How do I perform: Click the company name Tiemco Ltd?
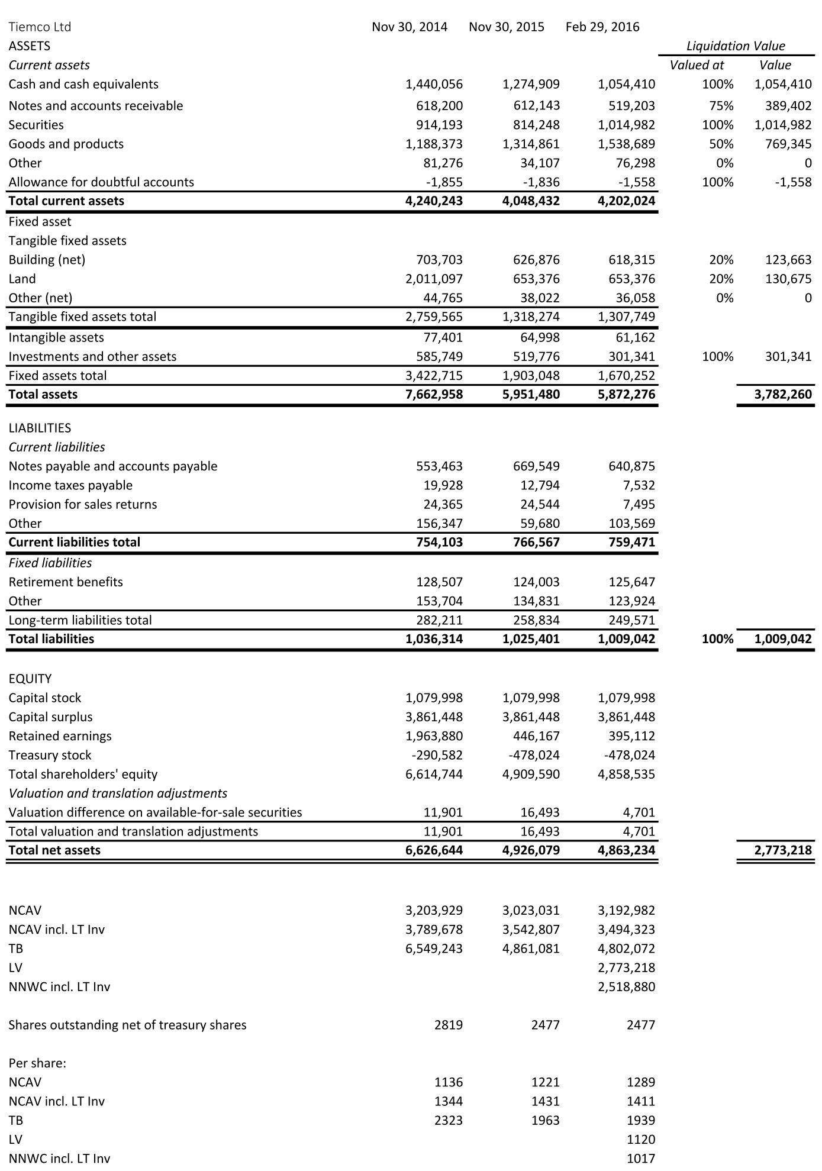tap(40, 27)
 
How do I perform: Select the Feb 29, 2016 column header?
tap(602, 27)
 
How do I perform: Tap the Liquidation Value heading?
tap(736, 46)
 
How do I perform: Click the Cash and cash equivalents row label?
tap(83, 84)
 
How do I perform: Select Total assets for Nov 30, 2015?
tap(531, 394)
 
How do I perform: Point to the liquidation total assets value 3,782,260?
tap(783, 394)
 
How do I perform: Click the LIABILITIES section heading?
tap(40, 428)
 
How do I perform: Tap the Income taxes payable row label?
tap(70, 485)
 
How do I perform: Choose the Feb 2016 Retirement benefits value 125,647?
tap(631, 582)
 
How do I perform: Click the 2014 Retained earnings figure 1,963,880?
tap(434, 736)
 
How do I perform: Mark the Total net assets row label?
tap(54, 850)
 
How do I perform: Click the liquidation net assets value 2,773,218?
tap(783, 850)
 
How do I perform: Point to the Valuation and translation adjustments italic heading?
tap(118, 793)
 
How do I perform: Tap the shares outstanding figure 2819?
tap(449, 1025)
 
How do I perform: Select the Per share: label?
tap(37, 1063)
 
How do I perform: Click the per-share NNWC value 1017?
tap(641, 1158)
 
